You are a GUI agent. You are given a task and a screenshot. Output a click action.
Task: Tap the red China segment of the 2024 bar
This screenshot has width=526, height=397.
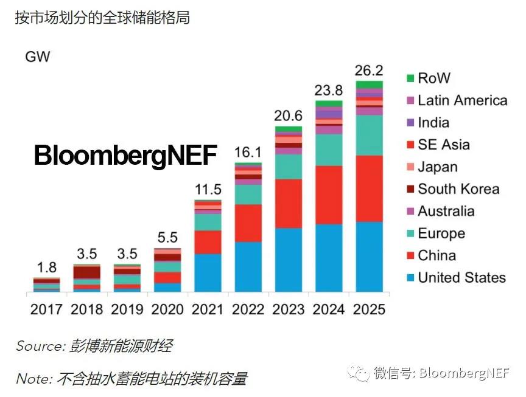point(329,195)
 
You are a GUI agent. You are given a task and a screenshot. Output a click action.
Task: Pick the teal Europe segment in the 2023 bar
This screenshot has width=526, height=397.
point(289,167)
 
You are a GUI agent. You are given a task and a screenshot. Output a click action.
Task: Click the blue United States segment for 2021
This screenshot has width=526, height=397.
point(208,272)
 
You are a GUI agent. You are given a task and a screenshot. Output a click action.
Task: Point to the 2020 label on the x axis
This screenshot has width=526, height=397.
point(167,309)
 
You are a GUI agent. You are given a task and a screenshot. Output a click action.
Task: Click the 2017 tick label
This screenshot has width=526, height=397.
point(46,309)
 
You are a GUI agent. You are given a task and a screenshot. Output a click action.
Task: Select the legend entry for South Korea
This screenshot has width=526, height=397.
point(458,189)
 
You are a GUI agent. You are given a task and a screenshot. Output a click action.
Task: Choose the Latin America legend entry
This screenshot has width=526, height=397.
point(462,100)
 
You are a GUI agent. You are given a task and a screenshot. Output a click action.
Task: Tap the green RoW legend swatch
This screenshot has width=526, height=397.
point(410,78)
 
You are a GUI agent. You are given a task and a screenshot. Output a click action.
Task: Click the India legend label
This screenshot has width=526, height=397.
point(433,122)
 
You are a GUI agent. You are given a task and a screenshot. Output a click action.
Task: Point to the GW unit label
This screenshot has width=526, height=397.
point(37,57)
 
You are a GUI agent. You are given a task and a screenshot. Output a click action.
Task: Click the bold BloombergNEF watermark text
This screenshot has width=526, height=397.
point(125,156)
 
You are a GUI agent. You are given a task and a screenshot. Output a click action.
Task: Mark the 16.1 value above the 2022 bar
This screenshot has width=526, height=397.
point(248,151)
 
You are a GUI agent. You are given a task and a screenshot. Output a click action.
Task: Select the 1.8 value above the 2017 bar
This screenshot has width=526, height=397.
point(46,267)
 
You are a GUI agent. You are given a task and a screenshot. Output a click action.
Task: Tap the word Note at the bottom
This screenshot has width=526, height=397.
point(33,379)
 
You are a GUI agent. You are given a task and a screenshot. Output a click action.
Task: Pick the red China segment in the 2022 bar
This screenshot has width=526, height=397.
point(248,223)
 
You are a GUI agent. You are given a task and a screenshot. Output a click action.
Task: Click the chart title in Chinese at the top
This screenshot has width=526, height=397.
point(102,18)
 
